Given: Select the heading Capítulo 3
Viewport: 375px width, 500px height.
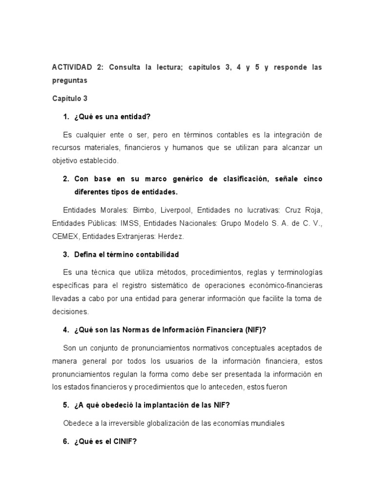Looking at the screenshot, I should (x=70, y=98).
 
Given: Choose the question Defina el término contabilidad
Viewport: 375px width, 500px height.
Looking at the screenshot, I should (x=126, y=254).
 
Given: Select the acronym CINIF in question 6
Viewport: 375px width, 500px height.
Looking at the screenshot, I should (x=125, y=441).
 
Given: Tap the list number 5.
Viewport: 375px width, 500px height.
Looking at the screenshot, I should (x=65, y=405).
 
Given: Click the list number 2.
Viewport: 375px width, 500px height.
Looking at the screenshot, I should (x=65, y=179).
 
